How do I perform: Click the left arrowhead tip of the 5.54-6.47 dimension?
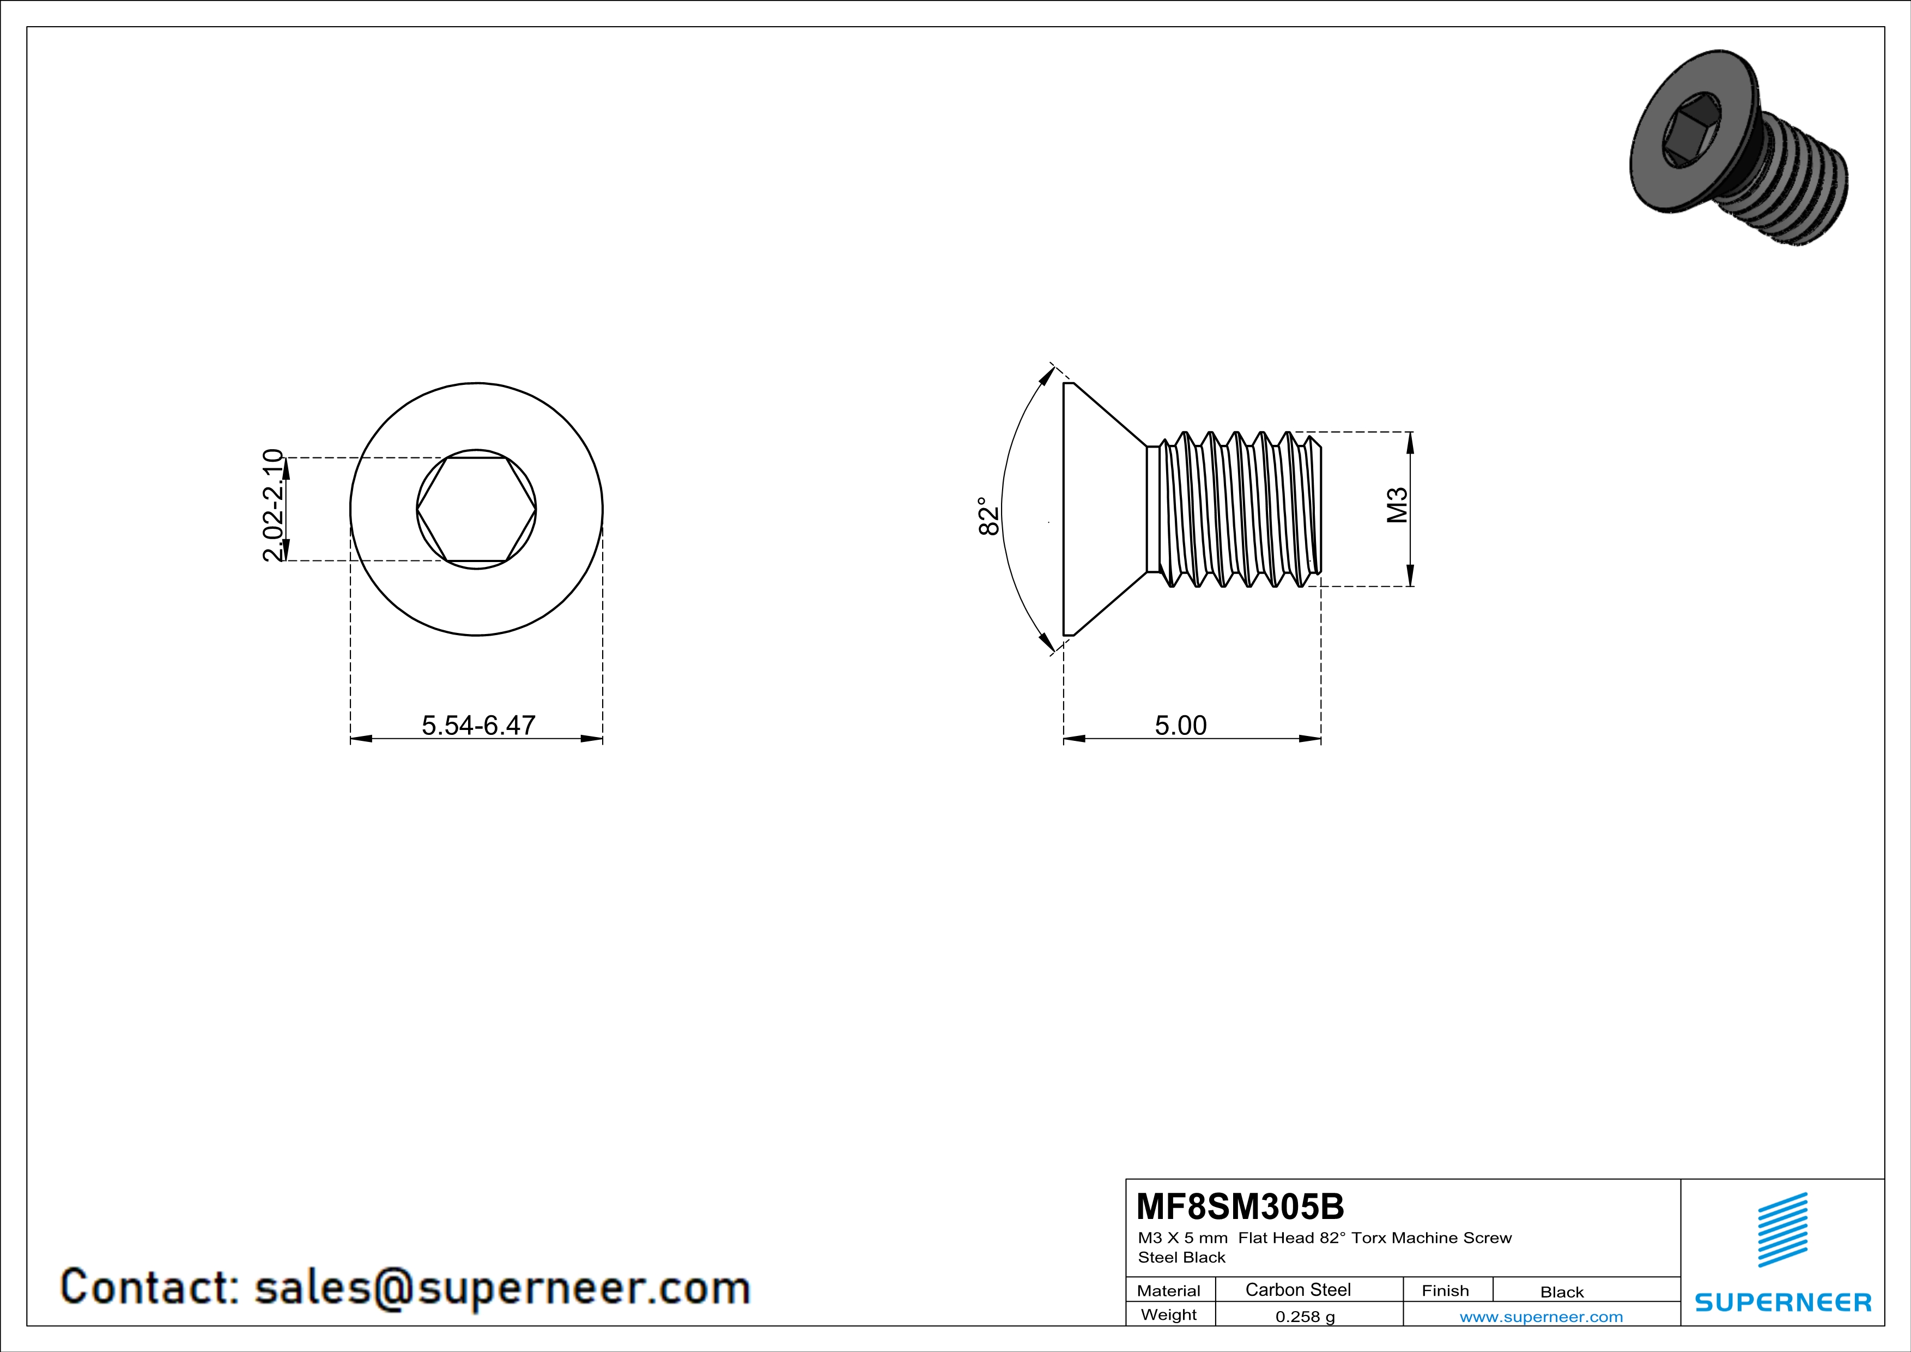coord(350,738)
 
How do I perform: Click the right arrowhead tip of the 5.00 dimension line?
coord(1321,738)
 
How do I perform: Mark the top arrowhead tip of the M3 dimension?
coord(1410,432)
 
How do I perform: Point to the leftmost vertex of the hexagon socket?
coord(417,509)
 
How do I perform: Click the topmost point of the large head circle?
coord(476,383)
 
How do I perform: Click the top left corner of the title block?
coord(1126,1179)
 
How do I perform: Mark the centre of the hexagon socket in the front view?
coord(476,509)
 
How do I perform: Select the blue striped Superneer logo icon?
coord(1782,1230)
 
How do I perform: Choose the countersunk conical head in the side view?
coord(1105,509)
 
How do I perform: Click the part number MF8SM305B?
coord(1240,1205)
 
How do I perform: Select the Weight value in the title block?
coord(1305,1316)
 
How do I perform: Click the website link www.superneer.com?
coord(1542,1316)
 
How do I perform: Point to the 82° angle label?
coord(988,516)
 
